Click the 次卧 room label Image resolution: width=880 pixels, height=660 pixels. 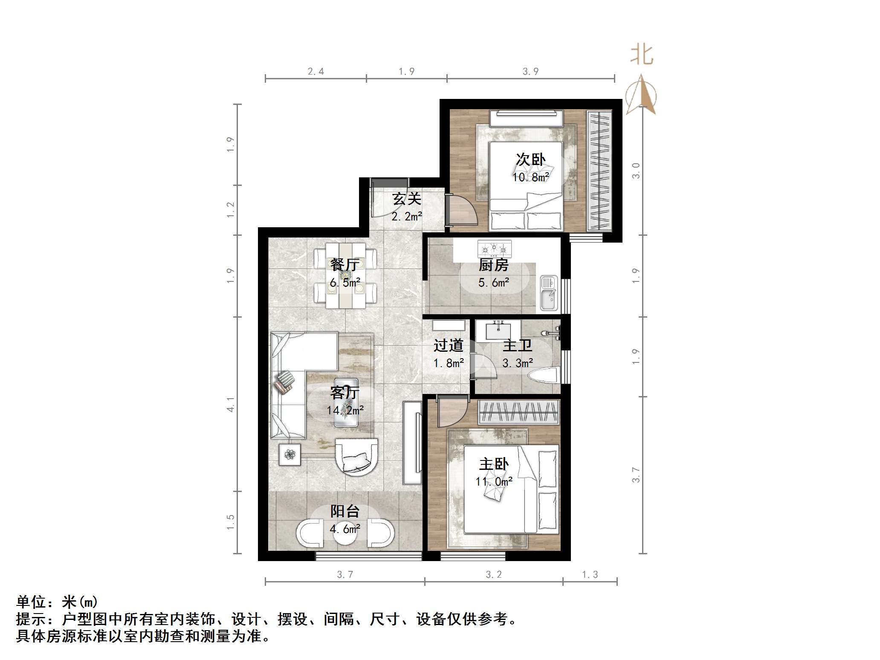530,159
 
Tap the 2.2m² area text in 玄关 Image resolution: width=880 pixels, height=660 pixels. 407,216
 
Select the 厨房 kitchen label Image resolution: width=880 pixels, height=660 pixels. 493,265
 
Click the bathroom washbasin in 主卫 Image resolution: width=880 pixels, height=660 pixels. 498,330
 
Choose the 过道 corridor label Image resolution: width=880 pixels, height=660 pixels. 448,345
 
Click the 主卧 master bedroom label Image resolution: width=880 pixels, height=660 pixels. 494,464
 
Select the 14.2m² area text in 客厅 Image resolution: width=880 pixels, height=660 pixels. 345,410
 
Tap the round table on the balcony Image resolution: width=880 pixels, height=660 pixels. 345,533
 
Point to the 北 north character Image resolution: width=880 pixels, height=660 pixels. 642,55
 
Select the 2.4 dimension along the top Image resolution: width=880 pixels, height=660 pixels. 316,72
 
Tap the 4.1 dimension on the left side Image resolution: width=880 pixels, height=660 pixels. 231,404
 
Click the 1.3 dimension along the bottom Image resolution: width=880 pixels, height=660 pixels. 590,575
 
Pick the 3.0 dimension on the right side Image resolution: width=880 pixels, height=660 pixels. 636,171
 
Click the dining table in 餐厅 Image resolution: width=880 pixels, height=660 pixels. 345,275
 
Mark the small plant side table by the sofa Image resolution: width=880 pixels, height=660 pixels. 290,454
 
